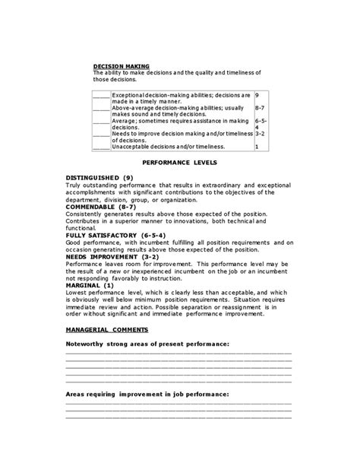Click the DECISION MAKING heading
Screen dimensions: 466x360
pos(121,66)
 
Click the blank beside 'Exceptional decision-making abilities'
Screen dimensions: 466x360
pos(101,96)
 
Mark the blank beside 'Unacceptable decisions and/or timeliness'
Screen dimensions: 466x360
pos(101,146)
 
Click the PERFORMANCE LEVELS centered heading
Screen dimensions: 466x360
pos(180,163)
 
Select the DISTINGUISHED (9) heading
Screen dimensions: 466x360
pos(99,177)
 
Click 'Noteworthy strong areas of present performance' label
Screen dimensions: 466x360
pos(147,344)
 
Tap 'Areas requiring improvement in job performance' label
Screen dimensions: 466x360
pos(147,394)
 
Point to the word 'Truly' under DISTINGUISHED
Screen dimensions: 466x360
pos(74,185)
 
